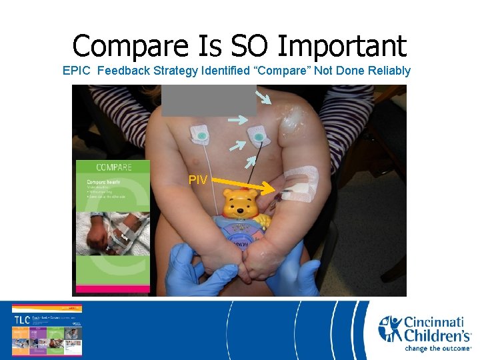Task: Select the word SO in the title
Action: coord(247,47)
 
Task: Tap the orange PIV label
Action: coord(197,180)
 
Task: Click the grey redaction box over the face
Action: coord(209,100)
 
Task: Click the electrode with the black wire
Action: coord(258,137)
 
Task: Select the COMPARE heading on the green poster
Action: coord(113,167)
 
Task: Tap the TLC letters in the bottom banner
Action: coord(21,319)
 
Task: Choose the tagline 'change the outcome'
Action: coord(438,348)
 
